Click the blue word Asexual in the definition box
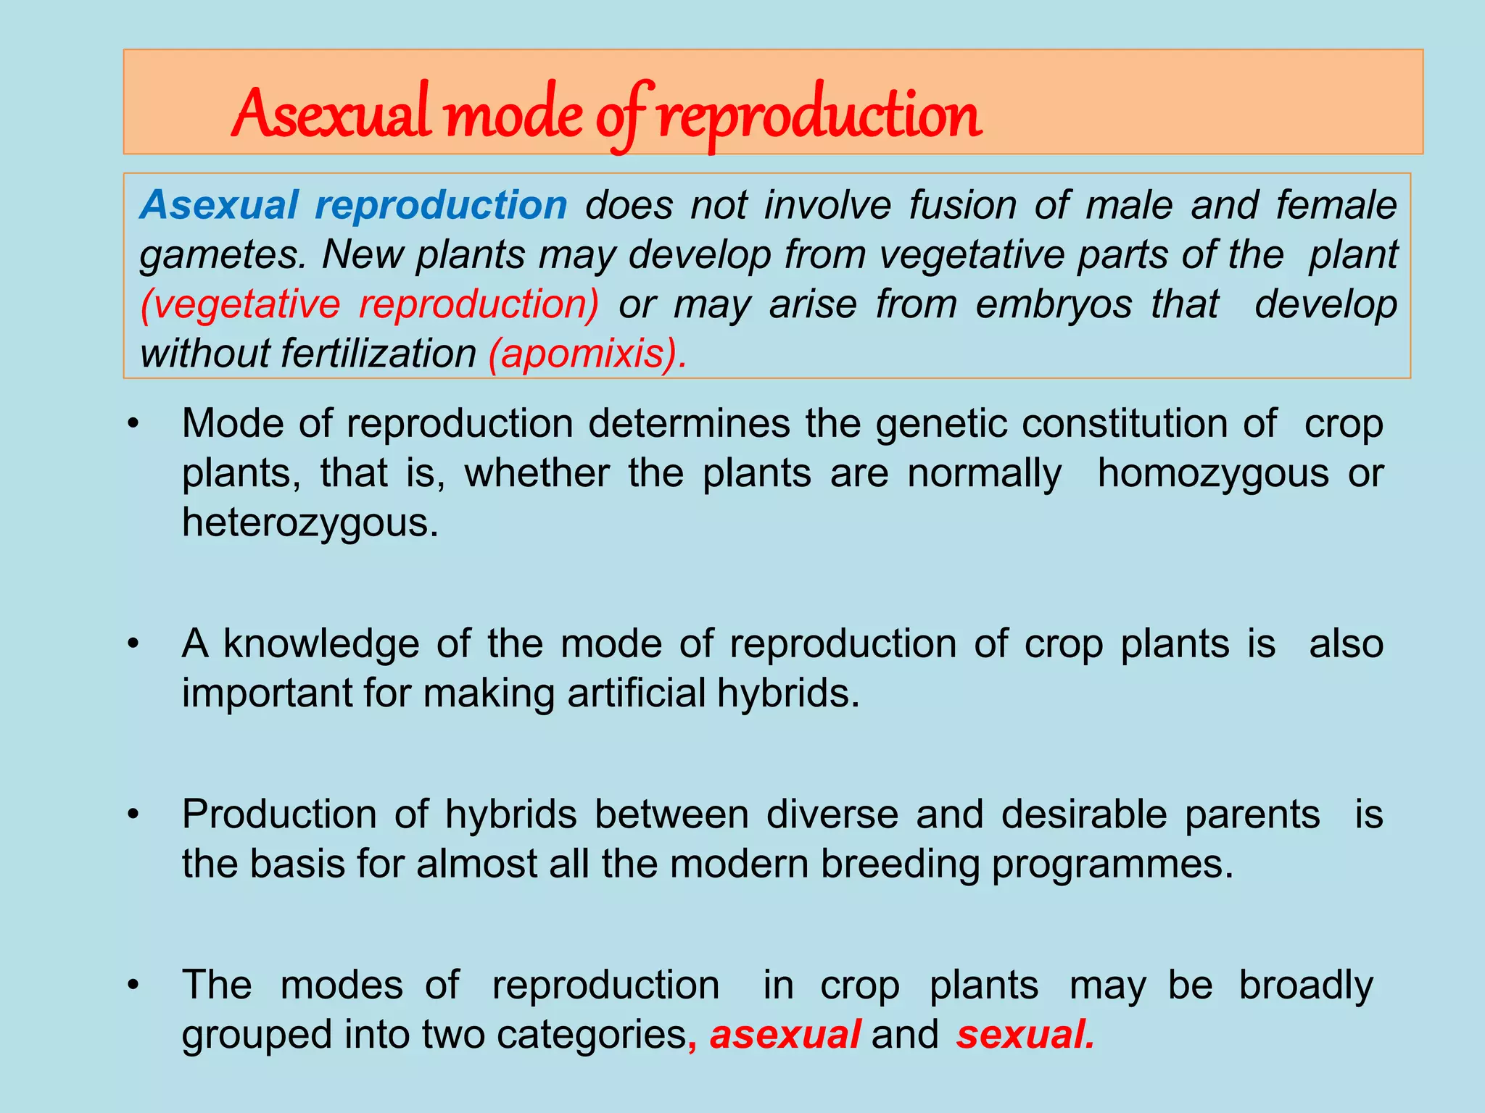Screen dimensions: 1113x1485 [x=219, y=205]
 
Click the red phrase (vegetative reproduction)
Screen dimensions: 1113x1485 [x=370, y=304]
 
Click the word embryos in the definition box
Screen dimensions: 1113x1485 [x=1053, y=304]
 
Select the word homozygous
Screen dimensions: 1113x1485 [x=1213, y=473]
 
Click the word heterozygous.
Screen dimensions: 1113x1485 [x=310, y=522]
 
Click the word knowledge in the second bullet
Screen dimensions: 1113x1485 [x=320, y=643]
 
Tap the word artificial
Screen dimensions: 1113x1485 [x=637, y=693]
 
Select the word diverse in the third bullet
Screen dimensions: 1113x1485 [x=832, y=814]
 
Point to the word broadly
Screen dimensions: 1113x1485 [x=1305, y=985]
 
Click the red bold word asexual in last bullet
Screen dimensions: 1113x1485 [x=785, y=1034]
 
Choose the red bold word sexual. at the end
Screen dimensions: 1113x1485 [x=1025, y=1034]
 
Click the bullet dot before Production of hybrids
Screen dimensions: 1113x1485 [x=132, y=815]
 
